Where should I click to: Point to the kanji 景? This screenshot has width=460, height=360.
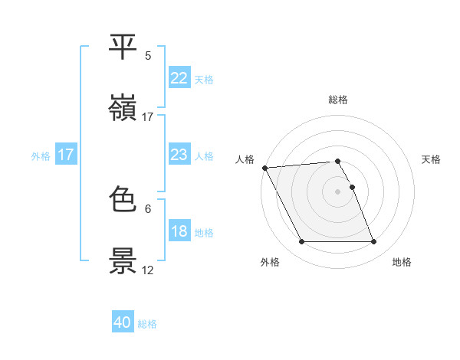click(x=123, y=261)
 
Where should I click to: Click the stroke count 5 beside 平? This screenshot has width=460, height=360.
click(x=148, y=56)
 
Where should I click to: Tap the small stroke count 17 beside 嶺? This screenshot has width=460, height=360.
click(x=148, y=116)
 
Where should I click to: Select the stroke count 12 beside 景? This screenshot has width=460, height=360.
click(x=148, y=270)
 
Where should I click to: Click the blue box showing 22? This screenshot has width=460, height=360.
click(x=179, y=78)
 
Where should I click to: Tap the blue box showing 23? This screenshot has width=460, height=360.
click(x=179, y=155)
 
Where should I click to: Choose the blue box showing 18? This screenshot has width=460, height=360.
click(x=179, y=232)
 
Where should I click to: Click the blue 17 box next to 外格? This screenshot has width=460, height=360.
click(x=66, y=155)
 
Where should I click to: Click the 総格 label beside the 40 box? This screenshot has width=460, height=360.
click(x=147, y=324)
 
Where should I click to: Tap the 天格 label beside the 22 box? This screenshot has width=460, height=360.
click(x=203, y=79)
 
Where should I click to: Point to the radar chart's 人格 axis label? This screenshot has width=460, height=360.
click(x=245, y=159)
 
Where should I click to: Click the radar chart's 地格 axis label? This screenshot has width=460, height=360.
click(x=402, y=262)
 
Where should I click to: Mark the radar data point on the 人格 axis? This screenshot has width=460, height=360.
click(x=264, y=168)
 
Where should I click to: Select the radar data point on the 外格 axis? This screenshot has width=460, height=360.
click(x=301, y=242)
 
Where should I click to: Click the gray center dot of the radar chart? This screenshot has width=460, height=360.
click(x=338, y=191)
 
